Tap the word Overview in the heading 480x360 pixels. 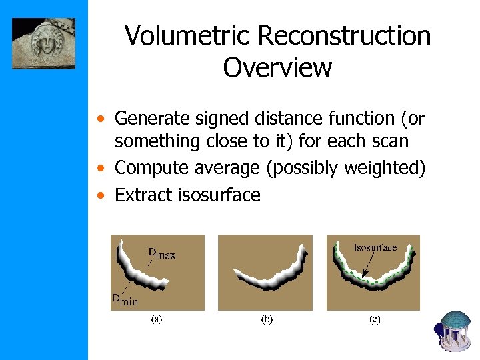pos(277,67)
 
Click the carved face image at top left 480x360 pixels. pos(43,43)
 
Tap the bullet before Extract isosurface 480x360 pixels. pos(99,196)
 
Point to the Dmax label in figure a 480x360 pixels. pos(161,253)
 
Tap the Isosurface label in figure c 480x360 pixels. pos(375,247)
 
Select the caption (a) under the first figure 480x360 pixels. pos(156,319)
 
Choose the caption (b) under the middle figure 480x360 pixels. pos(266,319)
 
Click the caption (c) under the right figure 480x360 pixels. pos(375,319)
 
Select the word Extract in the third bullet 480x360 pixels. pos(143,195)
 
